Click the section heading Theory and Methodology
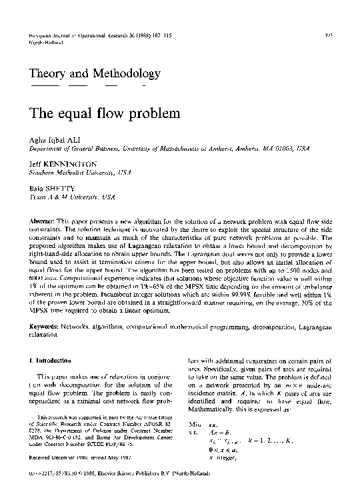(x=95, y=73)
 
